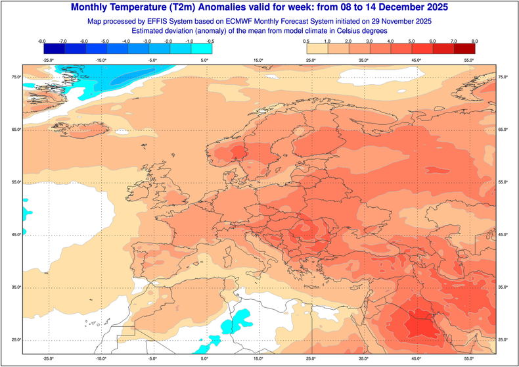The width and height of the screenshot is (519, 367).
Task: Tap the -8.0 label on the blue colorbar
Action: tap(42, 41)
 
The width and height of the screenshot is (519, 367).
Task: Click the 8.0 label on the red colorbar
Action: tap(474, 41)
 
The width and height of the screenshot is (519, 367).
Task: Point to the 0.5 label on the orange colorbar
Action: tap(306, 41)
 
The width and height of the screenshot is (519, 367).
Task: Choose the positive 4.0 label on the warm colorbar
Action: tap(390, 41)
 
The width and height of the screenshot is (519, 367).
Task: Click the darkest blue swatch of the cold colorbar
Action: tap(53, 49)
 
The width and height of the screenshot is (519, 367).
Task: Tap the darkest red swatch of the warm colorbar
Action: tap(464, 49)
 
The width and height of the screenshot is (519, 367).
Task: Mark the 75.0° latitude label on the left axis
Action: tap(16, 78)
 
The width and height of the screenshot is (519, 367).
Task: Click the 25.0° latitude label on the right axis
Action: tap(504, 339)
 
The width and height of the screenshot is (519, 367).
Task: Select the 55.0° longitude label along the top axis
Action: tap(469, 61)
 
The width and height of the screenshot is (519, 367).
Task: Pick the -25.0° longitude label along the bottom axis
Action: tap(47, 358)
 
